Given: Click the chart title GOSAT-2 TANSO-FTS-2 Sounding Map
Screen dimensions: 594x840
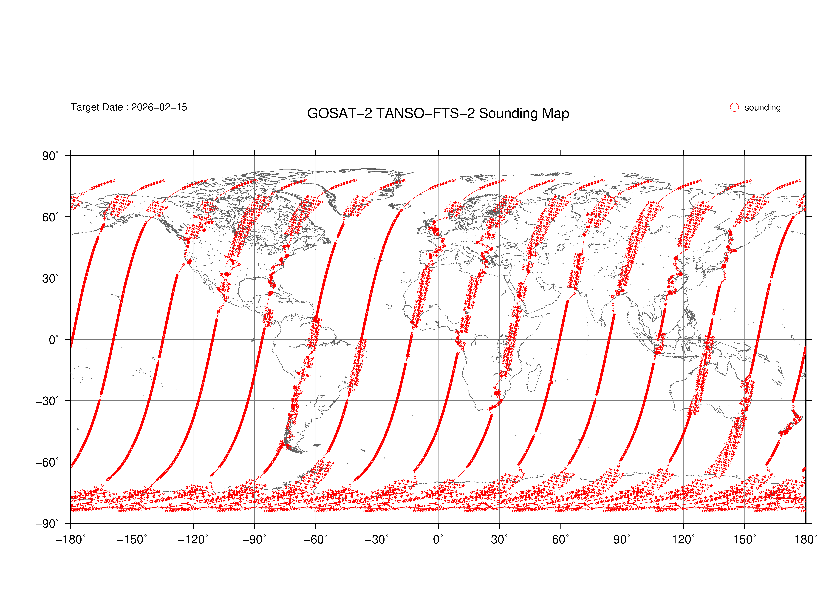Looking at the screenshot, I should [x=438, y=113].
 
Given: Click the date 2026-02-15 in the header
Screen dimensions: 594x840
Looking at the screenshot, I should [x=159, y=107].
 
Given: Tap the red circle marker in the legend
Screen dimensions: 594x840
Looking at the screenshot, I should [x=734, y=107].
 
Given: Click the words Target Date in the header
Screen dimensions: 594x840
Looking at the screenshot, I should [x=97, y=107].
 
